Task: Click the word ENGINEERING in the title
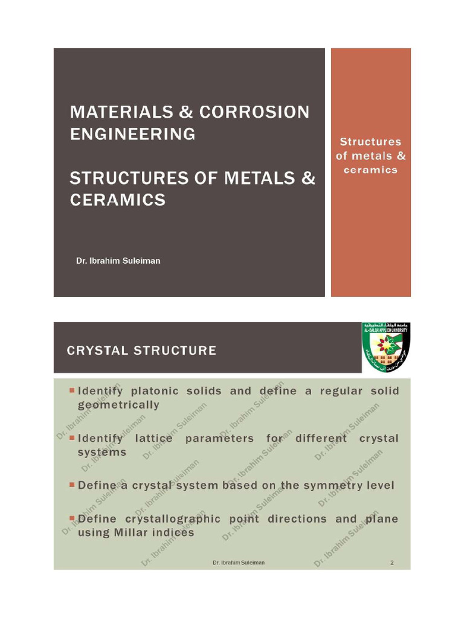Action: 132,133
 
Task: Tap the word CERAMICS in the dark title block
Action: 117,200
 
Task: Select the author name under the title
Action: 118,261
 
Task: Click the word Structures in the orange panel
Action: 370,142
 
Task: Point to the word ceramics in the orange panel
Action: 370,170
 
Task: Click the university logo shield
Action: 385,348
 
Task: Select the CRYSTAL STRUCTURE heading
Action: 141,351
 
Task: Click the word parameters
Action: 220,438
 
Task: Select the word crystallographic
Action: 170,519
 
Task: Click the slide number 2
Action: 391,563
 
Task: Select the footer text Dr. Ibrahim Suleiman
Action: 238,563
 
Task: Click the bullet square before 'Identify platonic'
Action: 72,390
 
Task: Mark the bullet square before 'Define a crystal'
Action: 72,485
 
